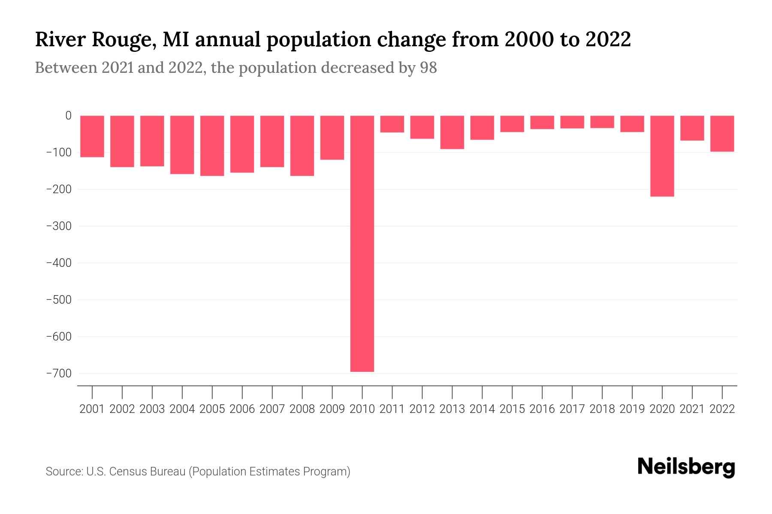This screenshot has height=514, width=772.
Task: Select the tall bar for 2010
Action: [x=362, y=243]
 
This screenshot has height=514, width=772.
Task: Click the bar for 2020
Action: [x=662, y=156]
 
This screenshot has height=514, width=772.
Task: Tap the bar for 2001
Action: [x=92, y=136]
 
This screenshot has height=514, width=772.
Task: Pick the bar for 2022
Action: [x=722, y=134]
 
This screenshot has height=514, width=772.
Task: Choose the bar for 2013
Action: [x=452, y=132]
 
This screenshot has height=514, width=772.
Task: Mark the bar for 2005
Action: [x=212, y=146]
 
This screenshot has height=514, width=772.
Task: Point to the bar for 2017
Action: [x=572, y=122]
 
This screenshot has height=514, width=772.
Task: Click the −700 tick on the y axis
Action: [x=58, y=374]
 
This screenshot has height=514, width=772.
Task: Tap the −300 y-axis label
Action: [x=58, y=226]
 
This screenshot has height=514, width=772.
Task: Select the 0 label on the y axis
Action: [x=68, y=116]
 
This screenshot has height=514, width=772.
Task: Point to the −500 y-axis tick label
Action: [x=58, y=300]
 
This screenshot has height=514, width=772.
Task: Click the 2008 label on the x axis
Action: [x=302, y=409]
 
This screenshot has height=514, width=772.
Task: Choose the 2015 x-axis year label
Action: [x=512, y=409]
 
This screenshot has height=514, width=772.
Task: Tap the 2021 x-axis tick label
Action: [x=692, y=409]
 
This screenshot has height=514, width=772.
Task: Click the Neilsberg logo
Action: [x=686, y=467]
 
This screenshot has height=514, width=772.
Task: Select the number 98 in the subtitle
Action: [x=428, y=68]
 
